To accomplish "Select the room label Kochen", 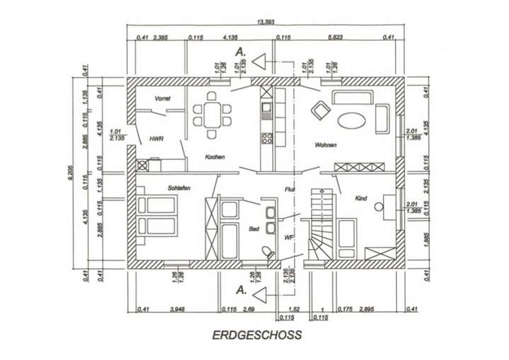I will [215, 156].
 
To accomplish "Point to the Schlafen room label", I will [179, 188].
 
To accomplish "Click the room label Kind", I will [361, 199].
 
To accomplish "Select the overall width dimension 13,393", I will [267, 23].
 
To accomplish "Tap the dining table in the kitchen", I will [211, 111].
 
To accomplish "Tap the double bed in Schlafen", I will [155, 216].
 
